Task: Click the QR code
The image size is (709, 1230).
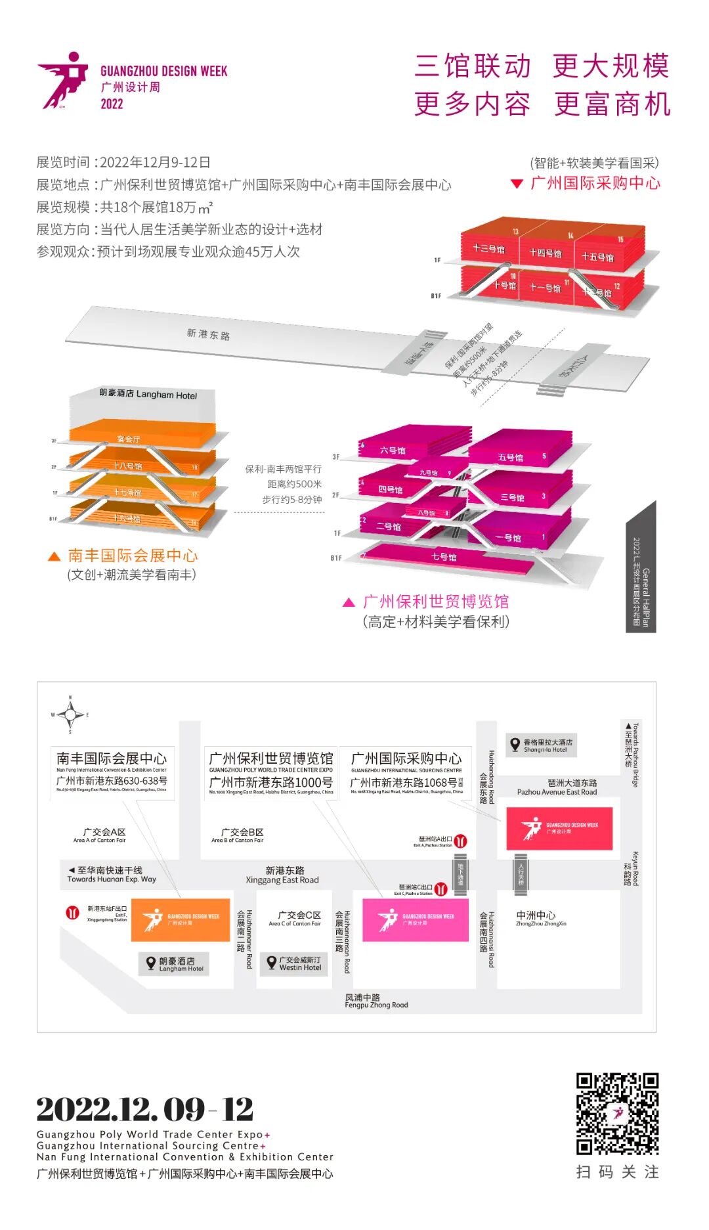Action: tap(617, 1113)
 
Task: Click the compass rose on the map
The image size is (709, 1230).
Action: tap(70, 714)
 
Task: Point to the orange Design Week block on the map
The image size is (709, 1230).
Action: tap(181, 919)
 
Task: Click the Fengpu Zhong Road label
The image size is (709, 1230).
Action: tap(376, 1001)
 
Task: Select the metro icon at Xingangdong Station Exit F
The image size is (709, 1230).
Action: tap(73, 912)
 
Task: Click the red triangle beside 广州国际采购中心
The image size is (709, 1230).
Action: tap(517, 184)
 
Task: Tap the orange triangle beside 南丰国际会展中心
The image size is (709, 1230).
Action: tap(54, 556)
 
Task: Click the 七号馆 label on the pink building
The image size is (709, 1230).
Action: tap(444, 557)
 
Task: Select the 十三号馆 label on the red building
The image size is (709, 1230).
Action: tap(488, 249)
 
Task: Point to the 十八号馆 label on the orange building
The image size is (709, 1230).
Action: tap(127, 466)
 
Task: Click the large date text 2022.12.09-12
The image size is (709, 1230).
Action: tap(145, 1110)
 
